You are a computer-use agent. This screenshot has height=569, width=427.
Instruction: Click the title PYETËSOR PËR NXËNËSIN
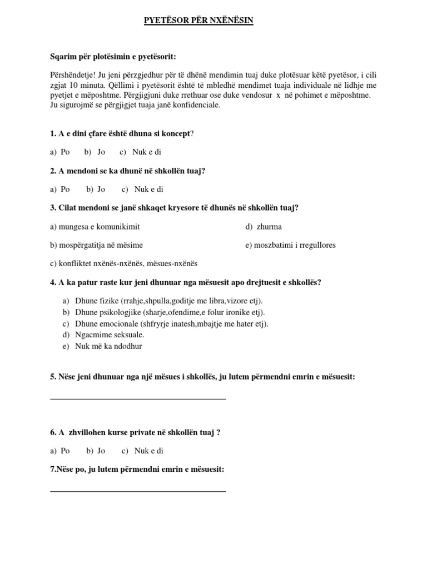(198, 21)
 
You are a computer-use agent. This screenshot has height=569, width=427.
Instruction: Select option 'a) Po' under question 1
(59, 152)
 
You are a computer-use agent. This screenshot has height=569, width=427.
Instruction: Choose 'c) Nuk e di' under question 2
(142, 189)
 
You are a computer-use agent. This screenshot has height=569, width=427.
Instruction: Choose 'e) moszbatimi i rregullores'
(290, 245)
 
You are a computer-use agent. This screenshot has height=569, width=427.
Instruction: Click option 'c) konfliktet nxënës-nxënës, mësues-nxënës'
(123, 263)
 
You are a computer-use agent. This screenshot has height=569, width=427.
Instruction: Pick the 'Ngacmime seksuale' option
(109, 335)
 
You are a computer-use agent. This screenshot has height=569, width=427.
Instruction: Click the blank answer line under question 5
(138, 398)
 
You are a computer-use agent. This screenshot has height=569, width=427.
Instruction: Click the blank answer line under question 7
(138, 491)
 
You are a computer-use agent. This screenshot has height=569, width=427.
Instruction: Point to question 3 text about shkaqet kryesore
(174, 208)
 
